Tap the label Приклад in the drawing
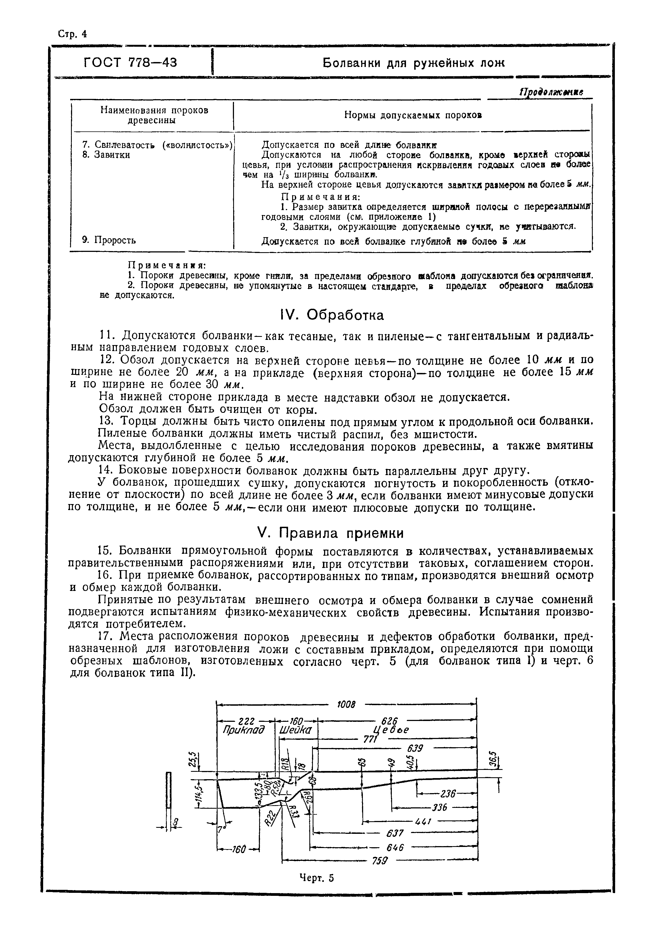pos(244,730)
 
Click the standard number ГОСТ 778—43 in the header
pos(131,62)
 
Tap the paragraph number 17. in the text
pos(106,637)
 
